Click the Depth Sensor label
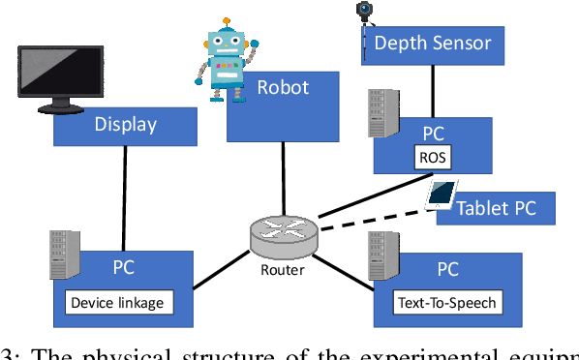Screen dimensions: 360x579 432,43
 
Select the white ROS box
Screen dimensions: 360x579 432,157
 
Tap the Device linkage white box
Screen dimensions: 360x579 117,303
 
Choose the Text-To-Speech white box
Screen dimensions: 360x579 447,303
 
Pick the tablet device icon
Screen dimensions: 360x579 442,195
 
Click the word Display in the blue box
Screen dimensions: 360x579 125,125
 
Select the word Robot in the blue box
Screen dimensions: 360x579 283,88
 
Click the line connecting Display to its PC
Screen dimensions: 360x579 124,188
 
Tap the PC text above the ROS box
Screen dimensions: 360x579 434,132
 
